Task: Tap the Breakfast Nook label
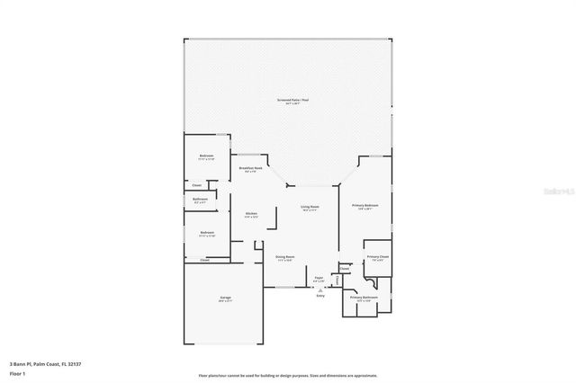point(251,168)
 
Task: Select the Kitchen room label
point(251,213)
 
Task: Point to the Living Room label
point(310,207)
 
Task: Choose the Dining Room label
point(285,257)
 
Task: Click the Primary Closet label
point(377,257)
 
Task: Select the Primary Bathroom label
point(363,297)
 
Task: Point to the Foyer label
point(319,278)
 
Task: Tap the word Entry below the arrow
point(319,297)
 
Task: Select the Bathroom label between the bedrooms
point(201,199)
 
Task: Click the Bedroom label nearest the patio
point(207,156)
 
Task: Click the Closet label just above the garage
point(193,260)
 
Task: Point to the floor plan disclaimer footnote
point(287,374)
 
